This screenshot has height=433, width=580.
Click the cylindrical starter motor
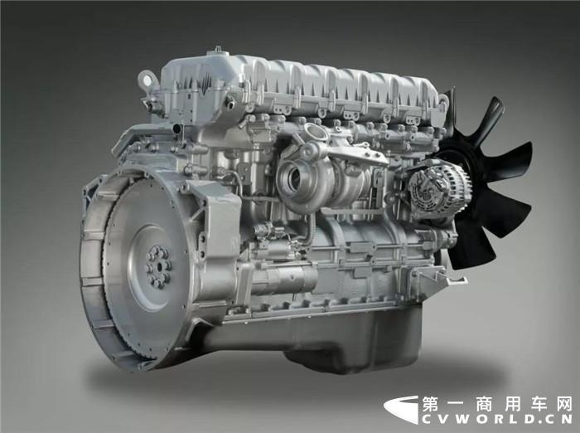pos(281,280)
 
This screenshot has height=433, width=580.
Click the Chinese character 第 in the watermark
pos(430,405)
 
